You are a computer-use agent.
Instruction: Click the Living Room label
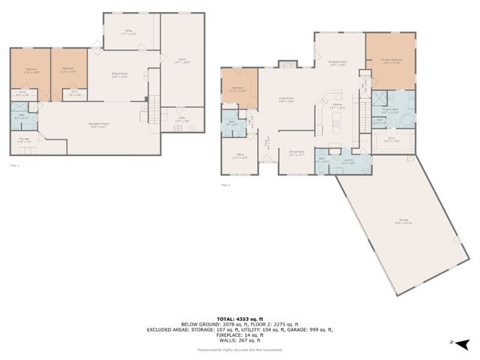(286, 98)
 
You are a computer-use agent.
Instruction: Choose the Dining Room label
(297, 152)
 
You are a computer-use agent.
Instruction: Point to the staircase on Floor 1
(154, 110)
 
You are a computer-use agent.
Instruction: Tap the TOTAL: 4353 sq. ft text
(239, 318)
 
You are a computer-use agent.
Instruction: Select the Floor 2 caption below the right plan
(226, 184)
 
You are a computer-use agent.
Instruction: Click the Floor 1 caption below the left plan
(15, 164)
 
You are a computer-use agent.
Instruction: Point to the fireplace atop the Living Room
(285, 65)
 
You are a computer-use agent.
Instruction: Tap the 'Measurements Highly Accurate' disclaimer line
(239, 349)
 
